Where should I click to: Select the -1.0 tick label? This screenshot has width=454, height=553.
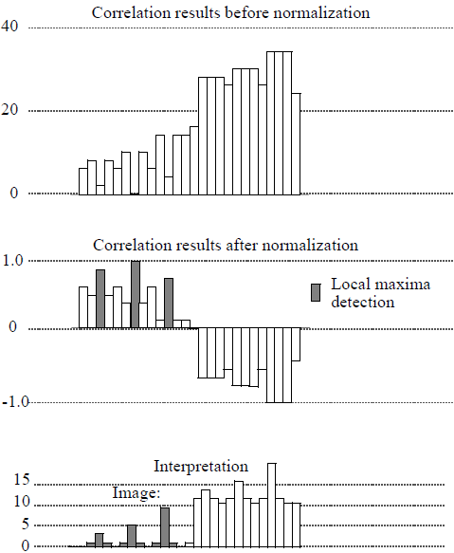(15, 402)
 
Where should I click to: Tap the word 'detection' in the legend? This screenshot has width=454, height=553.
(362, 303)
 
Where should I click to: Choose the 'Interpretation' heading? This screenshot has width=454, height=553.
(201, 467)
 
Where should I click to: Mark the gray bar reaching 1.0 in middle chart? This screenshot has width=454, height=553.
(136, 295)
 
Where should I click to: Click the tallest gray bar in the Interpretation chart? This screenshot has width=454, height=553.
(165, 526)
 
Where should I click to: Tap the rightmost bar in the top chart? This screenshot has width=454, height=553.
(296, 143)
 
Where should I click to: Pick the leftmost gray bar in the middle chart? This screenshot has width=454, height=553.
(100, 299)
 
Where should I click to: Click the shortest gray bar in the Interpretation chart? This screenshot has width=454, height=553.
(99, 540)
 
